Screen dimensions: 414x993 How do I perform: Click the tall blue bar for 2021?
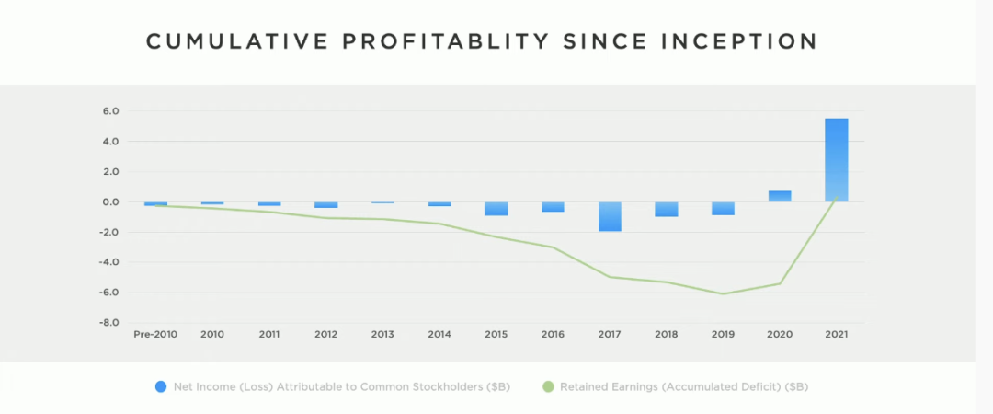[836, 160]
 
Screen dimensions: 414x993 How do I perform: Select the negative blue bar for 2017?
[609, 216]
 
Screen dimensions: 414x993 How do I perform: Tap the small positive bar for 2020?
[780, 196]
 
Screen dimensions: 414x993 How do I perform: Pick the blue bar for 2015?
[496, 209]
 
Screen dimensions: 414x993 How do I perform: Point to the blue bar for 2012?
[325, 205]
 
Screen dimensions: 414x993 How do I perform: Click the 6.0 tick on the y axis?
[110, 111]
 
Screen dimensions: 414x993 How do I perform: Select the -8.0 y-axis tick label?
[109, 323]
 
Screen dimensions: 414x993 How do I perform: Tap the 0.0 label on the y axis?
[110, 202]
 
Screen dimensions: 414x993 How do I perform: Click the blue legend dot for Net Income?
[161, 387]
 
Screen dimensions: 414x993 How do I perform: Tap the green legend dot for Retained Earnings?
[548, 387]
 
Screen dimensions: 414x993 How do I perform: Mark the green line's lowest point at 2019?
[723, 293]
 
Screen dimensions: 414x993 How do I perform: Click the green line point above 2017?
[609, 276]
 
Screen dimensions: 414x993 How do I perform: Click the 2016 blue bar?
[553, 207]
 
